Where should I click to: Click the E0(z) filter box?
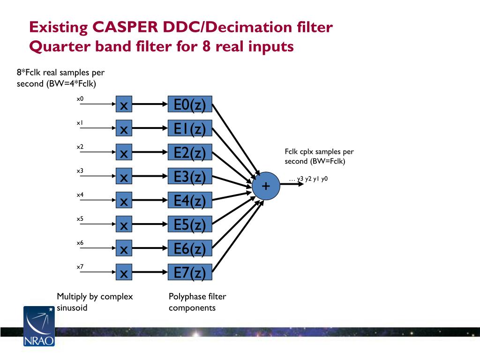[190, 105]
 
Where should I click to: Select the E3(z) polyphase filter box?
[190, 177]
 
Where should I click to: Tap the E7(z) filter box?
[190, 272]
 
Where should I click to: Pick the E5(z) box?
[190, 225]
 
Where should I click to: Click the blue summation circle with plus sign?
[266, 186]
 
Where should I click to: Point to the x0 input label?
[80, 99]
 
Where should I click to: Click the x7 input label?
[80, 267]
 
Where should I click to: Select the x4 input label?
[80, 195]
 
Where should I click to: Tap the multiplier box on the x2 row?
[124, 153]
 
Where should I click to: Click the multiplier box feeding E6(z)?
[124, 249]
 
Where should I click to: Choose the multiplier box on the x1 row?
[124, 129]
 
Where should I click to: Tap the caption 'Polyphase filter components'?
[197, 302]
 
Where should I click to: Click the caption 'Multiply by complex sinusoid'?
[95, 302]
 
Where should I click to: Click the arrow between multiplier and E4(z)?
[150, 201]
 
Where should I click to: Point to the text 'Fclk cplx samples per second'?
[319, 156]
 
